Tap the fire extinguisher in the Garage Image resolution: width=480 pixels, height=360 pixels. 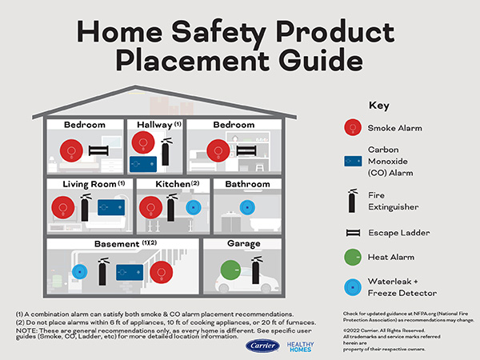tap(256, 271)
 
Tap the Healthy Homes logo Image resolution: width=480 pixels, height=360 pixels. tap(299, 347)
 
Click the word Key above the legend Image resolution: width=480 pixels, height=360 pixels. tap(378, 105)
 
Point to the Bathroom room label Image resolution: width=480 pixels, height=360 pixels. tap(247, 184)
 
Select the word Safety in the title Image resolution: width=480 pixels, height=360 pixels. tap(212, 32)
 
